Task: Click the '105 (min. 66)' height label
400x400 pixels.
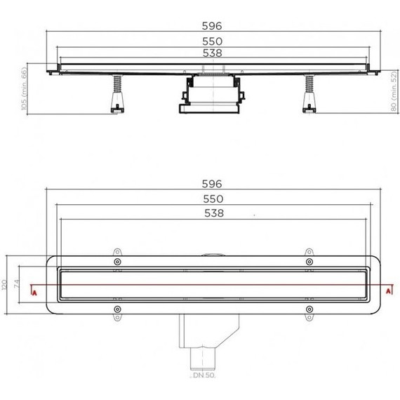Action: tap(23, 91)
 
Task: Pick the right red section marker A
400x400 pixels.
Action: tap(388, 290)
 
